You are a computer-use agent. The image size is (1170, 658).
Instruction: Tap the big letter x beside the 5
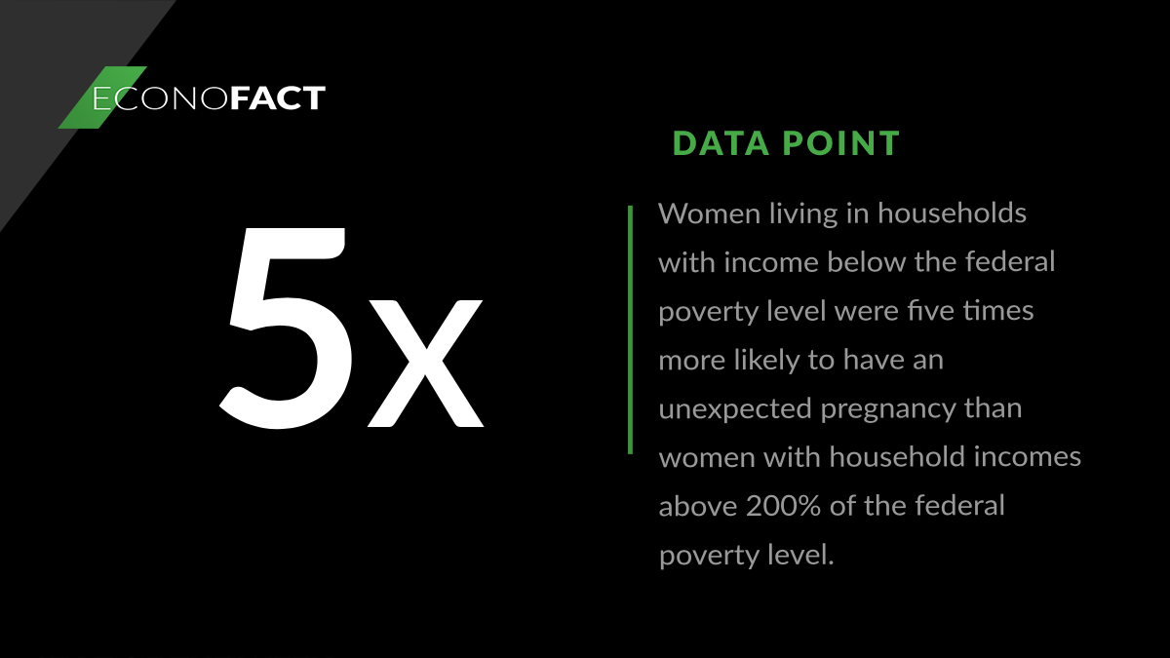pos(425,364)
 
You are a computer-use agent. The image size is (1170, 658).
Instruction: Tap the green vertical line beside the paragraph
pos(630,329)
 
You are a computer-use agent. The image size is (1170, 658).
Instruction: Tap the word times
pos(999,311)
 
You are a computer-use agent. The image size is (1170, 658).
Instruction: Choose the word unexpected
pos(735,408)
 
